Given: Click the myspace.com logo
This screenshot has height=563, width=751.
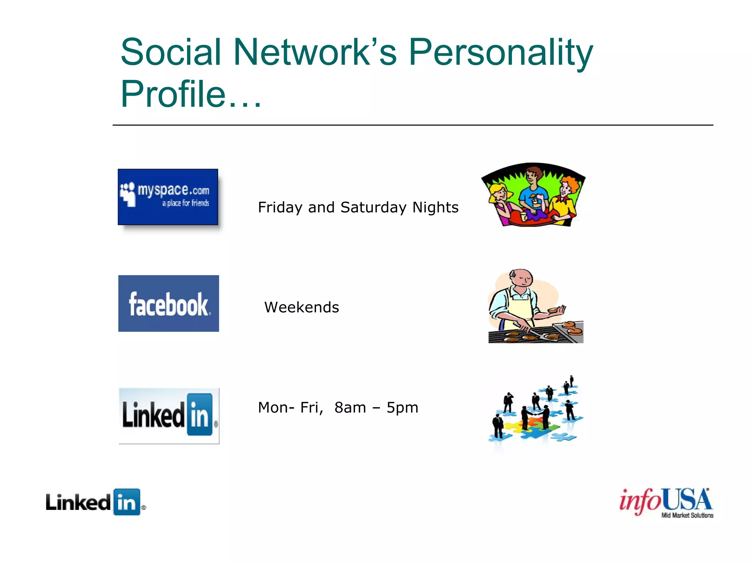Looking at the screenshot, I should [x=168, y=197].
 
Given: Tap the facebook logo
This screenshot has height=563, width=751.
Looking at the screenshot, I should [x=169, y=303].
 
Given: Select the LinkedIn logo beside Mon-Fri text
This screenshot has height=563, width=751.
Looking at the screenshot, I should [x=169, y=416].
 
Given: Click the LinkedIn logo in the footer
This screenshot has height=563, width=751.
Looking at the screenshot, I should [x=96, y=502].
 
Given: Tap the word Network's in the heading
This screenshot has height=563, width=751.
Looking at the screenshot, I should [x=315, y=52].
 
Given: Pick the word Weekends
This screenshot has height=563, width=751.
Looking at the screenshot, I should [x=301, y=307].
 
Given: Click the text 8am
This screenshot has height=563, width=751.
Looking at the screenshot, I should [x=350, y=408].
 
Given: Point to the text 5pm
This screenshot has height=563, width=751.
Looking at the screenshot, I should [x=402, y=408].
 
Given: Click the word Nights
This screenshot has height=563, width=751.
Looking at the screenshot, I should [x=435, y=207].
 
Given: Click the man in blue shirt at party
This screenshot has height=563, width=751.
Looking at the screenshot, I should [x=534, y=191].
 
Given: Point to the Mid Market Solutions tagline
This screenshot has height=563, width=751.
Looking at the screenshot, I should [x=687, y=515].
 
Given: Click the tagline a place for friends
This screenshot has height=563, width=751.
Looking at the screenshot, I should [x=186, y=203].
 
